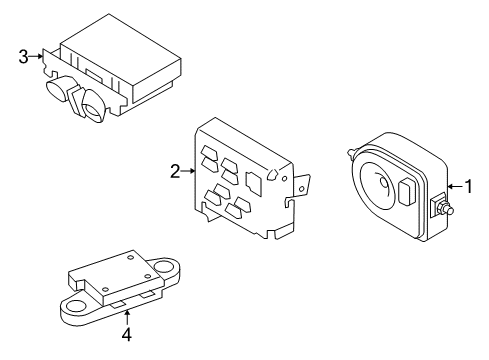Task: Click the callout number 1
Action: click(x=468, y=186)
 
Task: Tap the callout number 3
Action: click(x=23, y=56)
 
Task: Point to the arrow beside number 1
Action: click(x=455, y=186)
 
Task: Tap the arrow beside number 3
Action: click(x=36, y=56)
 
